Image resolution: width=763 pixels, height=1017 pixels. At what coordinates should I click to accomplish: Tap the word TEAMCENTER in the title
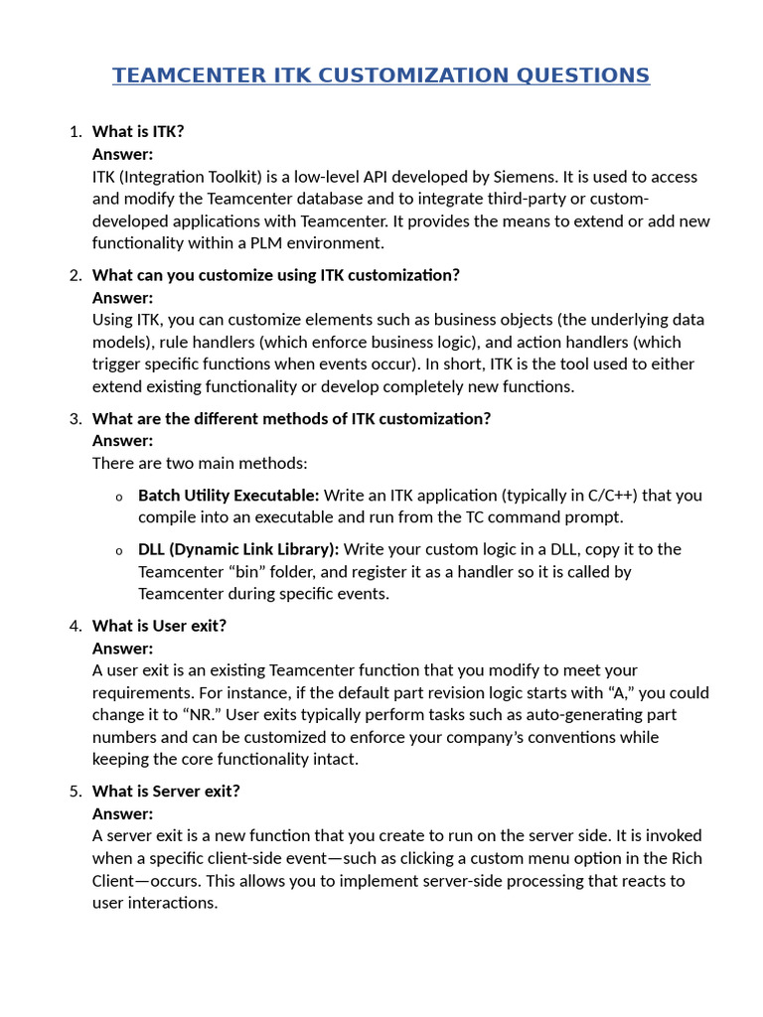(x=189, y=75)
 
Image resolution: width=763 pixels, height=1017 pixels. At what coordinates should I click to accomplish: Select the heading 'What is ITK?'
(x=138, y=132)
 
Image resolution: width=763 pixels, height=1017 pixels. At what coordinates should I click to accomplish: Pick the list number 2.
(x=76, y=275)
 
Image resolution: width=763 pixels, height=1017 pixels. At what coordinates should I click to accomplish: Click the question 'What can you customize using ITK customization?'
(x=275, y=275)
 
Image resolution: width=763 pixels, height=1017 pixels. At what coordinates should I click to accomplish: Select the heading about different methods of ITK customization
(x=291, y=418)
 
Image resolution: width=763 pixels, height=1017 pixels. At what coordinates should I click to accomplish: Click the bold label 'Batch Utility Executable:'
(x=229, y=495)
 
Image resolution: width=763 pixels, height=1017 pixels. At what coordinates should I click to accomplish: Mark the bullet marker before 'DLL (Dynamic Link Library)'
(x=118, y=551)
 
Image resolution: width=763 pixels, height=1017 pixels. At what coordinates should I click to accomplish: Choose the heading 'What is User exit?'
(x=159, y=626)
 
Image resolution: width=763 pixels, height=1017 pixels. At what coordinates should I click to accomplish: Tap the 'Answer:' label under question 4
(x=122, y=649)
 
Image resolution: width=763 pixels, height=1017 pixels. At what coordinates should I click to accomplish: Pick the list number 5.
(x=76, y=792)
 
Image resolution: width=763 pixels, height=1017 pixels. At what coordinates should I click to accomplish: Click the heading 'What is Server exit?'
(x=166, y=792)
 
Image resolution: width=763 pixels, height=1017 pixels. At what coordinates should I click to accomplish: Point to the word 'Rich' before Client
(x=685, y=858)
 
